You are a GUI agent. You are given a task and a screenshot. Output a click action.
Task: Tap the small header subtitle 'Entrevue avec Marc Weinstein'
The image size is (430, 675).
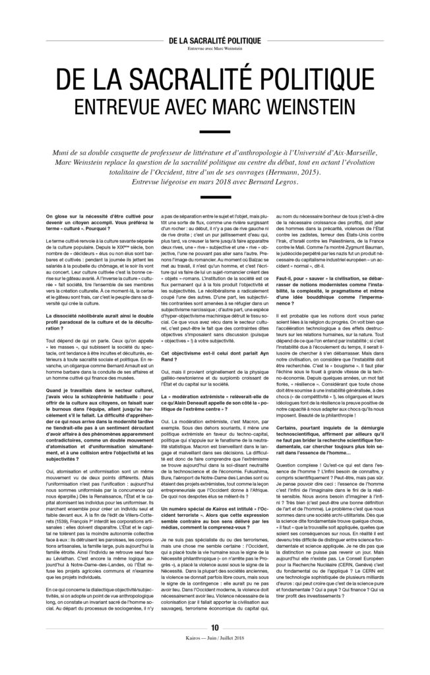(x=215, y=47)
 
